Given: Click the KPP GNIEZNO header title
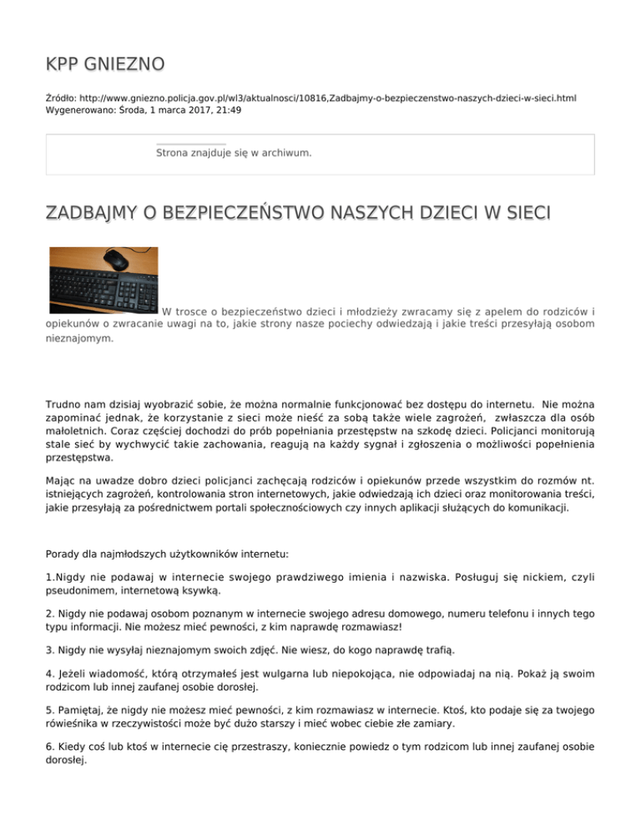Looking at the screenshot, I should click(104, 63).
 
